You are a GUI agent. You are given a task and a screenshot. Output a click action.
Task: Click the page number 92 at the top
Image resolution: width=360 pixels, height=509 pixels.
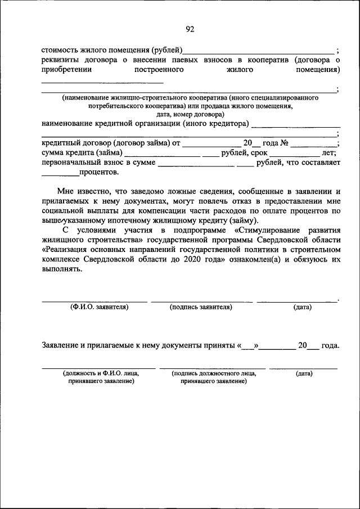click(190, 30)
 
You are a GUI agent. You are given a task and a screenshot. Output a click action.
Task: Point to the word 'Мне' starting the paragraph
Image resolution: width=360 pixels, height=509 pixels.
click(66, 192)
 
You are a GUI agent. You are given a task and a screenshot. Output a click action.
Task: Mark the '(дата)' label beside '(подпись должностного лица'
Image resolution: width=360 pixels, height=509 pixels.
click(304, 373)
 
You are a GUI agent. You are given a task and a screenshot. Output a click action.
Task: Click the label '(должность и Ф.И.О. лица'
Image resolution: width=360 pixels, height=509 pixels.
click(101, 373)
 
